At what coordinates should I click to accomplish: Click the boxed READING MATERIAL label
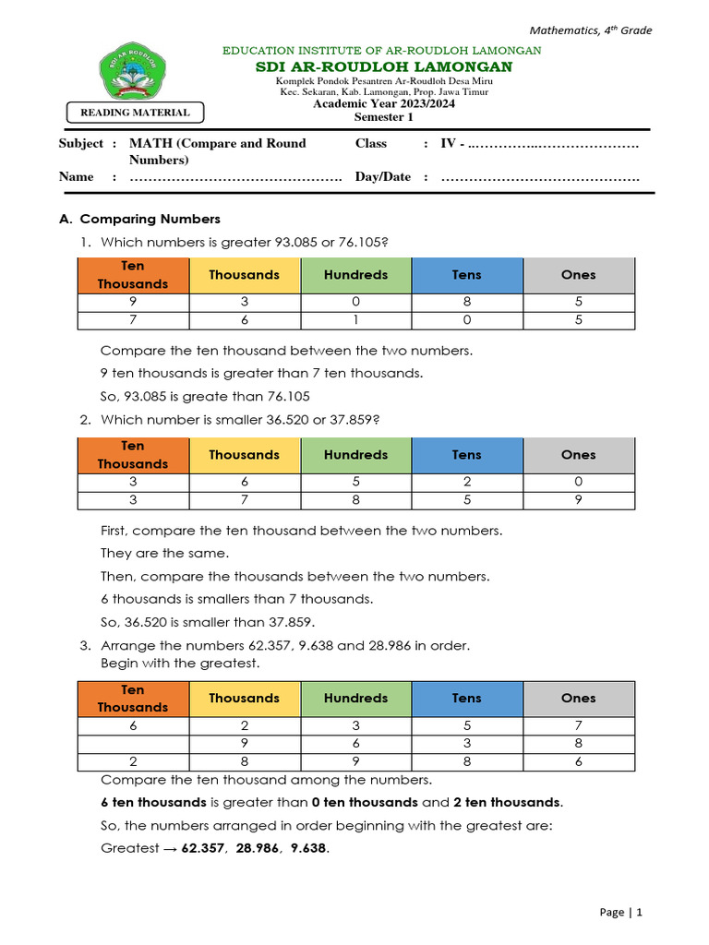(136, 113)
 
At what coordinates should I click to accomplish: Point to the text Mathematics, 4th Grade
(591, 30)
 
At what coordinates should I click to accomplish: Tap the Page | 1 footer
(620, 912)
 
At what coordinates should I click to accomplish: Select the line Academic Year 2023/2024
(383, 103)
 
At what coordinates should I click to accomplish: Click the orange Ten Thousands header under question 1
(133, 275)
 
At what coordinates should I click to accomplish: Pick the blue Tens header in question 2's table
(467, 455)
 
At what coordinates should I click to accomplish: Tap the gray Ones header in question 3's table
(579, 699)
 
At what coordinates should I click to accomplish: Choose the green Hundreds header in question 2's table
(356, 455)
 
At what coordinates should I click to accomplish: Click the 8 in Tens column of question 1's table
(467, 302)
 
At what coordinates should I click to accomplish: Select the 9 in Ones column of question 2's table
(579, 500)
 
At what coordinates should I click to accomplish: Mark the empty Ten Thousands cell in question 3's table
(133, 744)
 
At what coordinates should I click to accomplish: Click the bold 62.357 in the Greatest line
(202, 848)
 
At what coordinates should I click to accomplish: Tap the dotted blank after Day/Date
(540, 177)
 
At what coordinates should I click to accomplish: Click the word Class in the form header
(371, 144)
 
